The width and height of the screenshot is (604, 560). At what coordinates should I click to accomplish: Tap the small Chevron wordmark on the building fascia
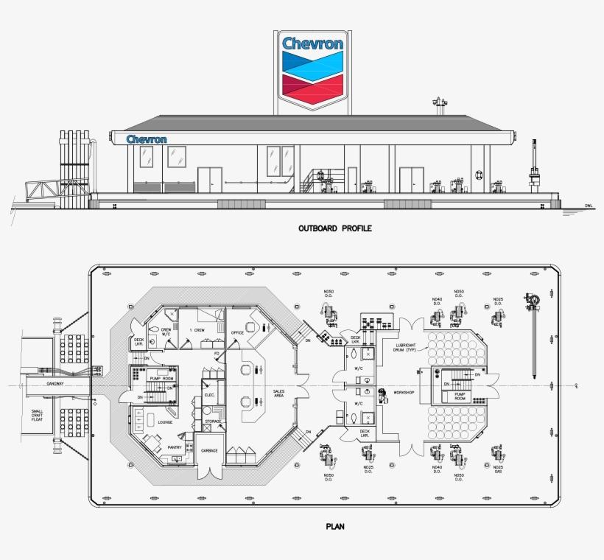coord(147,139)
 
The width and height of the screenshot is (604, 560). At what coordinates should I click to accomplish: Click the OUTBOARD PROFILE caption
coord(334,228)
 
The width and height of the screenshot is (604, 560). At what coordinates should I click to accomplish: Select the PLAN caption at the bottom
coord(334,527)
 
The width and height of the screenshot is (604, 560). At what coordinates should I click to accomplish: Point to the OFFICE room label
coord(237,332)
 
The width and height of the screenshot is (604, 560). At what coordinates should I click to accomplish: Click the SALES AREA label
coord(279,394)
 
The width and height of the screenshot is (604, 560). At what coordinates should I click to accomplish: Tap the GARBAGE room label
coord(210,450)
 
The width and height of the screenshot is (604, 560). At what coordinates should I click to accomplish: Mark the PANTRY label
coord(175,447)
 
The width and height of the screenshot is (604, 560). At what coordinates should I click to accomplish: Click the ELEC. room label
coord(209,396)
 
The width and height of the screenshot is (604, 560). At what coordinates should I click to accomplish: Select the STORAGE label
coord(213,421)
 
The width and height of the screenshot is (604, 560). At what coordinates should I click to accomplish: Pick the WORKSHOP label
coord(404,393)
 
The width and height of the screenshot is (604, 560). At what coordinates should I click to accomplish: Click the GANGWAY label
coord(56,383)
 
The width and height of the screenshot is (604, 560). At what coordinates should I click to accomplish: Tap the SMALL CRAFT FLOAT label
coord(38,416)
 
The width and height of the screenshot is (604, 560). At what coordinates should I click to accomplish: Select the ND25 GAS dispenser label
coord(498,469)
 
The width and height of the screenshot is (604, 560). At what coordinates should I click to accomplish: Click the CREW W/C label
coord(166,332)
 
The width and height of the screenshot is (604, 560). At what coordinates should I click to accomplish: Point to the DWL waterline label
coord(589,206)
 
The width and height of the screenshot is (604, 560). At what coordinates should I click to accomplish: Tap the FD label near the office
coord(217,354)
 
